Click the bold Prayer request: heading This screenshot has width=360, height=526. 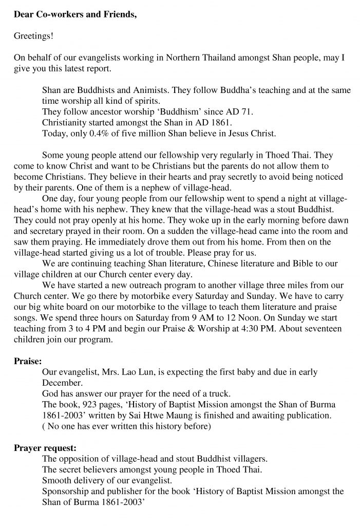45,447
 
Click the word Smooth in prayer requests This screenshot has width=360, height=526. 55,480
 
